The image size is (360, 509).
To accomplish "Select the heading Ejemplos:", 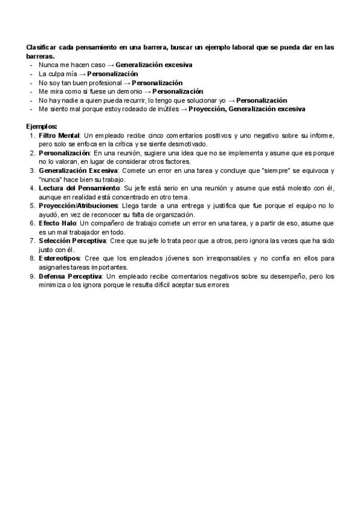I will coord(42,127).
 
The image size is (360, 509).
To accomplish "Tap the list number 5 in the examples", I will coord(33,205).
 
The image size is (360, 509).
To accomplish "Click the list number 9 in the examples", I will coord(33,276).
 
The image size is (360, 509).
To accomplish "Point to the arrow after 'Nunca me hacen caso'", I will coord(110,64).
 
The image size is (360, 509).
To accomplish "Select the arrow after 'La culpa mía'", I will coord(82,73).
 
